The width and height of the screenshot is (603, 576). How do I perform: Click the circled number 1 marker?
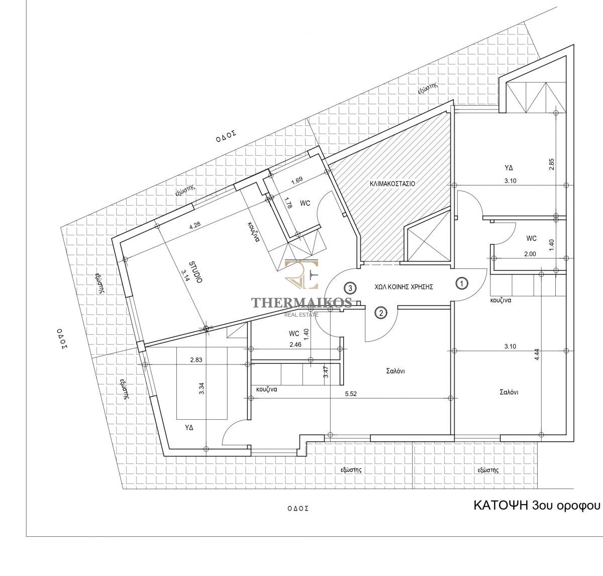[462, 283]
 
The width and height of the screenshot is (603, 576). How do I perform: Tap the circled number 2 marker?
[381, 313]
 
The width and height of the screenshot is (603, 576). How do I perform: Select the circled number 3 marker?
[350, 288]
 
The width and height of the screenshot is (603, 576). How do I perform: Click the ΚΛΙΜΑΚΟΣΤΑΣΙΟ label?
[392, 183]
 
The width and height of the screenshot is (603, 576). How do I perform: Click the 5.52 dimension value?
[351, 394]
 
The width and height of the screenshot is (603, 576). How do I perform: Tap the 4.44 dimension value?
[537, 354]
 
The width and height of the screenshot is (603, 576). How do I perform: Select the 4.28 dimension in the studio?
[195, 225]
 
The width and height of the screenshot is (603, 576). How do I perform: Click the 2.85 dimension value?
[551, 164]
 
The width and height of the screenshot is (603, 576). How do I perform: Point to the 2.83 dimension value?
[196, 359]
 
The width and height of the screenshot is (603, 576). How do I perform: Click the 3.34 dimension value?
[202, 389]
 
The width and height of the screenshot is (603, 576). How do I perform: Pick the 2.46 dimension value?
[295, 344]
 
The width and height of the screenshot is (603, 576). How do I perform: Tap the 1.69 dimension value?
[297, 180]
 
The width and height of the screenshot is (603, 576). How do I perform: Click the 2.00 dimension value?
[530, 254]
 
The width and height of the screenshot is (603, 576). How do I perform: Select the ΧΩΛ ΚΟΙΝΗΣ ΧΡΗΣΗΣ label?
[404, 287]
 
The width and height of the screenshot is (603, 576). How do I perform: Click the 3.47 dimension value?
[326, 372]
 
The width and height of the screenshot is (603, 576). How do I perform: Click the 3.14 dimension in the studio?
[185, 275]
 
